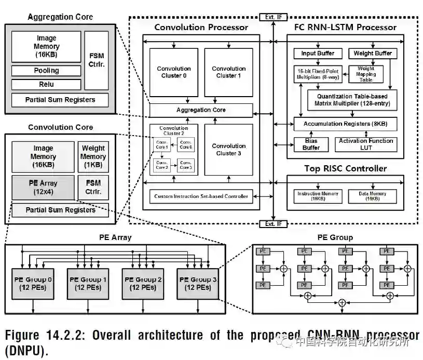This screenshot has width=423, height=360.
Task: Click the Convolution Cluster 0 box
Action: click(x=174, y=72)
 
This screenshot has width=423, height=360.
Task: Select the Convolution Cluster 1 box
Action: click(x=228, y=72)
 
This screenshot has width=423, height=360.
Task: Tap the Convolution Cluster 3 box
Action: click(x=228, y=150)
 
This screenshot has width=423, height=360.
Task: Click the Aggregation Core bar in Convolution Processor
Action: click(x=201, y=110)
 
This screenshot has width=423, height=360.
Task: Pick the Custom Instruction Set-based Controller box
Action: click(x=201, y=196)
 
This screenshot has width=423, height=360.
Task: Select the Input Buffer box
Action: click(x=318, y=54)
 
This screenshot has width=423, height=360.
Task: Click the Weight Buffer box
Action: click(x=372, y=54)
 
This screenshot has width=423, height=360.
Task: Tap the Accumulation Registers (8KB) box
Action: click(x=345, y=124)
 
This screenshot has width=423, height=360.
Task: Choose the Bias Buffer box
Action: click(x=311, y=144)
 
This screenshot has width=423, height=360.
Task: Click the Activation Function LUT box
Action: click(x=366, y=144)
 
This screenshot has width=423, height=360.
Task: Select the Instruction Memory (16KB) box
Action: click(x=318, y=196)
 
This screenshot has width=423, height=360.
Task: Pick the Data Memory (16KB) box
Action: click(x=372, y=196)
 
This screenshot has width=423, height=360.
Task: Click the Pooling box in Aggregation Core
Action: click(x=46, y=71)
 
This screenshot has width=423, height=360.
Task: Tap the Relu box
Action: click(x=46, y=84)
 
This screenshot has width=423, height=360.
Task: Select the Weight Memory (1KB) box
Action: click(x=93, y=156)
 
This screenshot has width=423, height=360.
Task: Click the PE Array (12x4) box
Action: click(x=43, y=188)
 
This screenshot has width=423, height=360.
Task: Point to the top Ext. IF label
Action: click(x=273, y=17)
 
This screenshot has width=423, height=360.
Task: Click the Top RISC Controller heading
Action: click(x=345, y=169)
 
